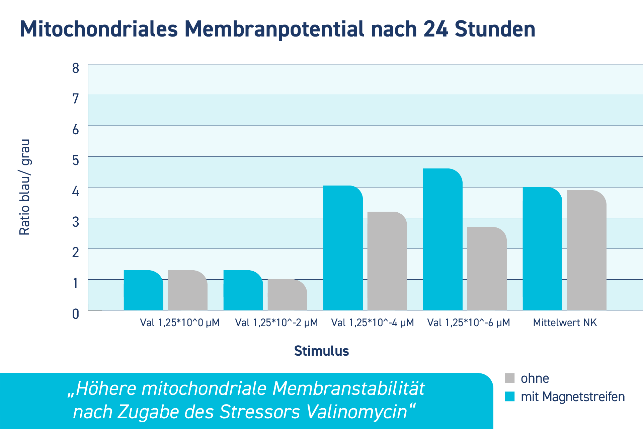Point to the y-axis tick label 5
tap(76, 160)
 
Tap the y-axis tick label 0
tap(76, 314)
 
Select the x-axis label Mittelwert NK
tap(565, 323)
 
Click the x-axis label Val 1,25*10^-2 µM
tap(276, 323)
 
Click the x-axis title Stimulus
tap(321, 351)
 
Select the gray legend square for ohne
tap(509, 378)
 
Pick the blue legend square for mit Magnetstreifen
tap(509, 397)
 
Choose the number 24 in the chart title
tap(435, 29)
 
